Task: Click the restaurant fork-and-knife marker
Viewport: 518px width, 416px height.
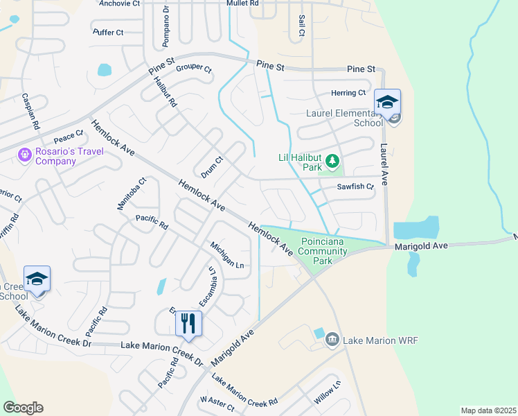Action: [188, 322]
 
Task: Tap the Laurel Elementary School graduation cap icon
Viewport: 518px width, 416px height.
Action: [387, 101]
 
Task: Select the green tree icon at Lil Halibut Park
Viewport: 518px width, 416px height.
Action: [333, 161]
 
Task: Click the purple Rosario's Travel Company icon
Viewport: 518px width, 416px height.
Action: [25, 154]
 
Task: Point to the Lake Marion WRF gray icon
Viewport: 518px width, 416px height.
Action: [332, 340]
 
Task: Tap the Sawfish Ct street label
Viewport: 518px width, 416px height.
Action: [355, 187]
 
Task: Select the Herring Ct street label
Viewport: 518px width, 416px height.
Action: [348, 93]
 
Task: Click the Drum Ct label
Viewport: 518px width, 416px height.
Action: [211, 165]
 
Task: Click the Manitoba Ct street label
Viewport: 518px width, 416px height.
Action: [130, 193]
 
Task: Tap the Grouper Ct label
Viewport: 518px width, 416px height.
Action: [193, 67]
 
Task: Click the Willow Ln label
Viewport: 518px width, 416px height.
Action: [327, 393]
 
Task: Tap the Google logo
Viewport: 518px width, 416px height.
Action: [23, 408]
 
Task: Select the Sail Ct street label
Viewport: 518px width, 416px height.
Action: [301, 26]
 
